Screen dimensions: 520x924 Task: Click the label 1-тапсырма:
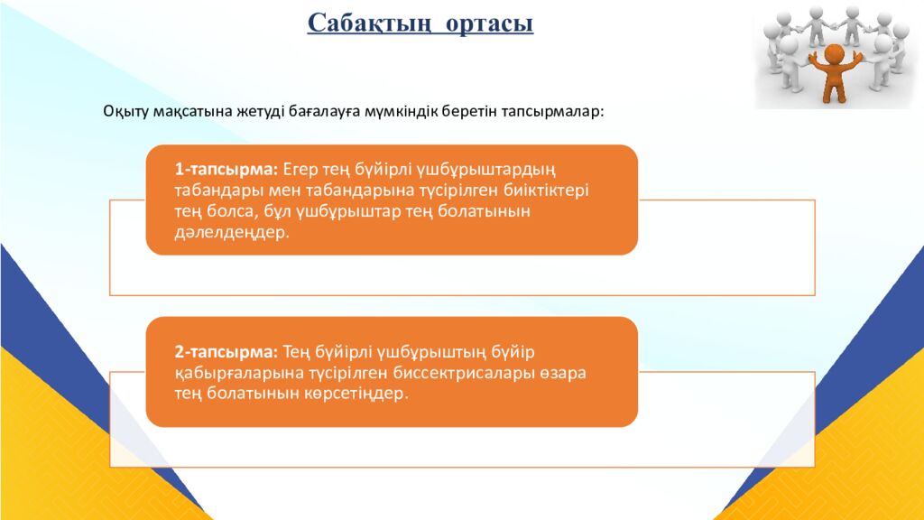coord(226,169)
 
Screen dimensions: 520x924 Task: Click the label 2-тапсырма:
coord(226,350)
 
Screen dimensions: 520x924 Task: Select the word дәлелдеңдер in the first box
coord(233,232)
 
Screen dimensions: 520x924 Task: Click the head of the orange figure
coord(833,54)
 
